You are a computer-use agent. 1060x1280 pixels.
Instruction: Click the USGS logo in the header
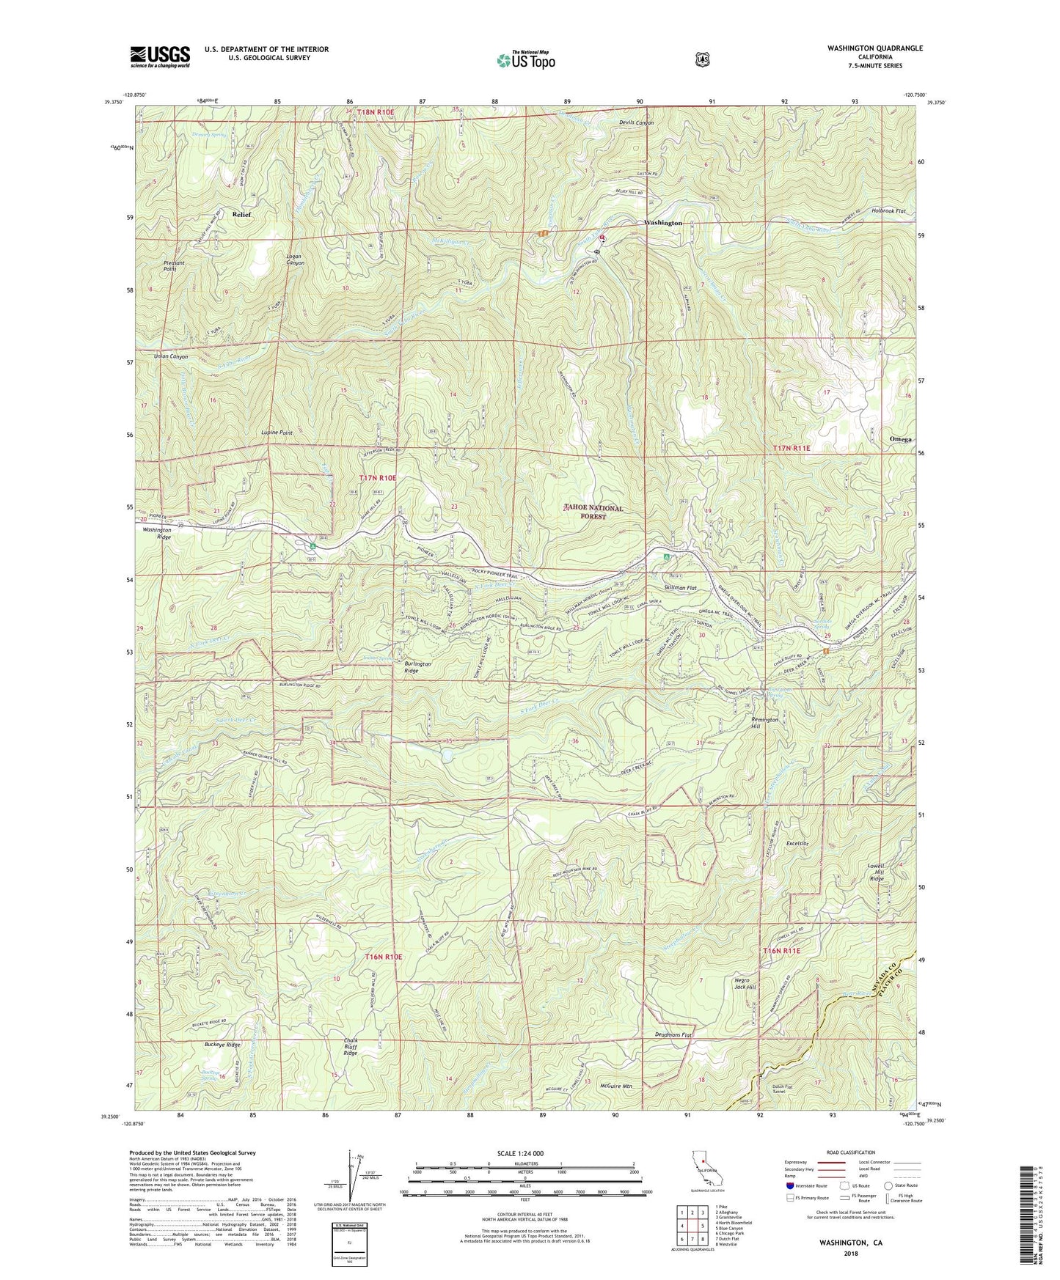[160, 56]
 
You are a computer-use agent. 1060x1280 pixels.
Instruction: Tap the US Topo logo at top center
[525, 60]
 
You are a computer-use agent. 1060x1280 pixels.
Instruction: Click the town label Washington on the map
[663, 223]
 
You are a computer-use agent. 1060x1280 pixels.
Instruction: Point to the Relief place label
[241, 215]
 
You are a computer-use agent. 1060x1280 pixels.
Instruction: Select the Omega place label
[900, 439]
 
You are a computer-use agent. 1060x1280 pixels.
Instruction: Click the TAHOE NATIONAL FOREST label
[594, 512]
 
